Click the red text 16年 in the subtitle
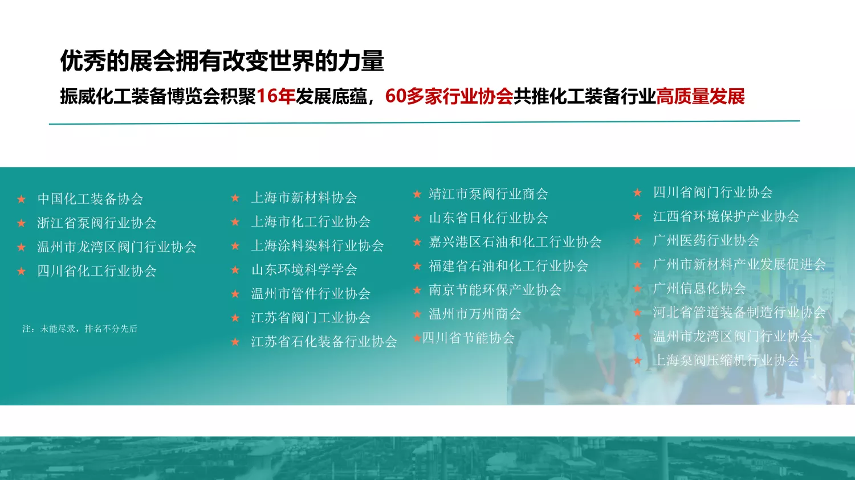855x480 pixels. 275,96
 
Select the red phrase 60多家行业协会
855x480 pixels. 449,96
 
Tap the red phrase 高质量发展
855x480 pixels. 701,96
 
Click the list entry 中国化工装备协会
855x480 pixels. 91,199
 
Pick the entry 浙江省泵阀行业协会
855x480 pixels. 97,223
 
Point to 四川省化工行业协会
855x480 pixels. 97,270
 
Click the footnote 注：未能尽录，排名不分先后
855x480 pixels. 80,329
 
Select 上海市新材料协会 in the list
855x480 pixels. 304,198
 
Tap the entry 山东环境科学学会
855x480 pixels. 304,269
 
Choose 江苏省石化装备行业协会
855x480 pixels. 324,341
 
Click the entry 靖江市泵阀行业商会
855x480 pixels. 488,194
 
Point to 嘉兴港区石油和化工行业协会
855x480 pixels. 515,242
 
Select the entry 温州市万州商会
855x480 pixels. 475,314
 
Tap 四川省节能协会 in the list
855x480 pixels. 469,338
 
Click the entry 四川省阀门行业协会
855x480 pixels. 713,192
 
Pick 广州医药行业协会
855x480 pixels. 706,240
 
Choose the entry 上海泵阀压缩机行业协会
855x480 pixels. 726,360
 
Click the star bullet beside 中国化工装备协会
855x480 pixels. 22,199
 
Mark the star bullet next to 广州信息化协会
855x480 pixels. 637,288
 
